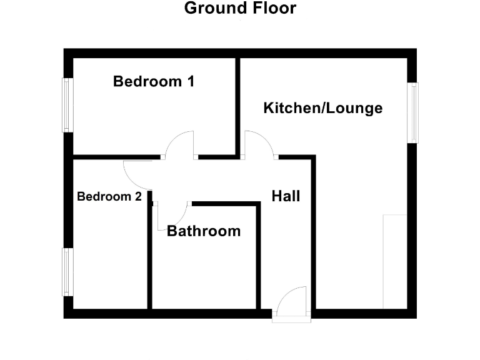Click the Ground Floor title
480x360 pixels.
click(x=240, y=9)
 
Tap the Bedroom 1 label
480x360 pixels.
click(x=154, y=81)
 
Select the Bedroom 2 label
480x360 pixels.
click(x=109, y=196)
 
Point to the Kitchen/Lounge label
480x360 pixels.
click(x=322, y=108)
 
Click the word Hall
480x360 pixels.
click(x=286, y=196)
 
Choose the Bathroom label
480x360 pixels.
click(x=204, y=231)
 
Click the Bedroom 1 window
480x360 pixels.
click(x=66, y=105)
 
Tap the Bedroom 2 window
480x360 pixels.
click(x=66, y=272)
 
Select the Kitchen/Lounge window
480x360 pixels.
click(x=413, y=112)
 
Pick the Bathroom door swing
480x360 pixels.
click(x=171, y=215)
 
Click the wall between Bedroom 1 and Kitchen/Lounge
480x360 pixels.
click(x=238, y=106)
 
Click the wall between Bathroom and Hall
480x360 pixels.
click(x=259, y=256)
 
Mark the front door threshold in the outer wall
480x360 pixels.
click(x=292, y=319)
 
